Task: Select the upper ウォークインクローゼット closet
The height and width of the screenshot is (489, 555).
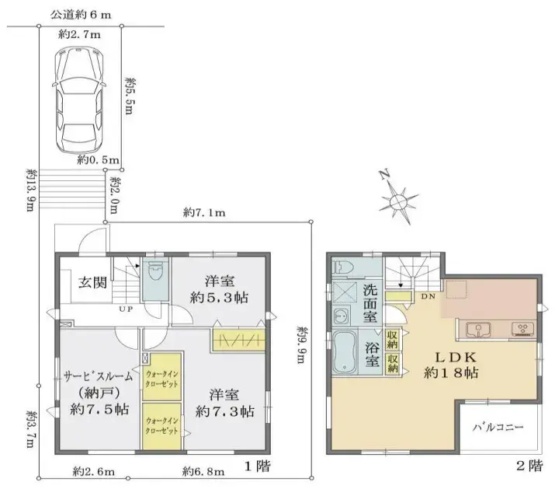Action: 163,379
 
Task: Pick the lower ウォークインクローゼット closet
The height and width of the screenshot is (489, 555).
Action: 163,424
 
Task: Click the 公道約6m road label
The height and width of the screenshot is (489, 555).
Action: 80,15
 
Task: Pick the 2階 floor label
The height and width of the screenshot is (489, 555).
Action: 530,467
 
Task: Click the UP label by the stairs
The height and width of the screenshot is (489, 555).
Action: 123,309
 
